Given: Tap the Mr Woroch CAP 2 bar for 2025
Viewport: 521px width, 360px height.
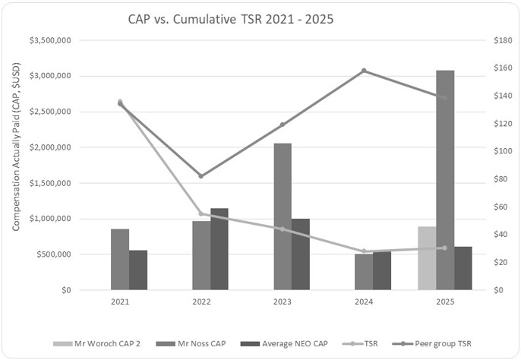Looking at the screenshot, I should click(427, 258).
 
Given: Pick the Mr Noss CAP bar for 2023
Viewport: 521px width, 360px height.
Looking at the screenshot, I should click(282, 216).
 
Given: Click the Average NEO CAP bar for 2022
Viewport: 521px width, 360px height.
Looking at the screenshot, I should click(219, 249).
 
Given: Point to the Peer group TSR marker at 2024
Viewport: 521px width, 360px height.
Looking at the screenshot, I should click(364, 71).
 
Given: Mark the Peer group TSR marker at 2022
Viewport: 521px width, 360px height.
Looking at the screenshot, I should click(201, 176).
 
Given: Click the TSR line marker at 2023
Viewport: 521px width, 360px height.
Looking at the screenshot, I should click(283, 229).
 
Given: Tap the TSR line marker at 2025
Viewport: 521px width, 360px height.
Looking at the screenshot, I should click(445, 248).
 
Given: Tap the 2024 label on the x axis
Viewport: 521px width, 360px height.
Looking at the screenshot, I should click(364, 302).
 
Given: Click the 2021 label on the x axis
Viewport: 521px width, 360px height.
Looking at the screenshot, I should click(120, 302).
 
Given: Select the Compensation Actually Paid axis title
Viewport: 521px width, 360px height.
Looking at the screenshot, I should click(15, 165).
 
